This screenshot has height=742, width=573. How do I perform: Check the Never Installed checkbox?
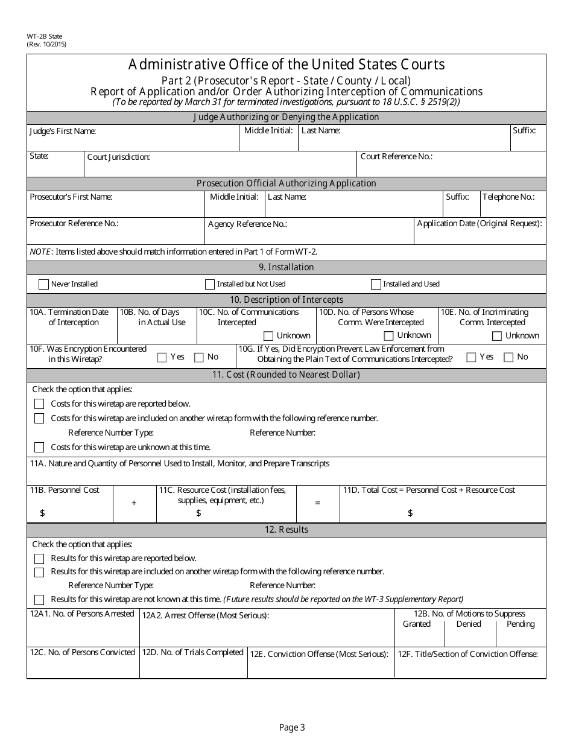(x=43, y=284)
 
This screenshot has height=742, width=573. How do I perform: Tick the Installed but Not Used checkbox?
(x=210, y=284)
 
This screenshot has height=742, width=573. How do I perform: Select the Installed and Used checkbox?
(x=376, y=284)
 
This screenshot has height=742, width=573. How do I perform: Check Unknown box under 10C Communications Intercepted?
(x=268, y=336)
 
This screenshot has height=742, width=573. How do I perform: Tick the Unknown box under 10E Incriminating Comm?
(x=497, y=336)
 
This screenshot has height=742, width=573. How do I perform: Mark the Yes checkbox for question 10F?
(x=162, y=357)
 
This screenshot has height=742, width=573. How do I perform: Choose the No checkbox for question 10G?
(x=508, y=357)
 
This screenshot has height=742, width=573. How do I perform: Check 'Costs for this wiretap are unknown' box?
(x=39, y=447)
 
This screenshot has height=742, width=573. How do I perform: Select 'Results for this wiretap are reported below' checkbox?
(x=39, y=559)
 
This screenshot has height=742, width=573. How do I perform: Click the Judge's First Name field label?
(x=63, y=131)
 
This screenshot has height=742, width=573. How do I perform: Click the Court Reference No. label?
(x=396, y=156)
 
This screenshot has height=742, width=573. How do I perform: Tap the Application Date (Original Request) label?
(x=480, y=223)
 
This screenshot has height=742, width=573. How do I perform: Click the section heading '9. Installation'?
(x=286, y=267)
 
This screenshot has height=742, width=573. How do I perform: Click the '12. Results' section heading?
(x=286, y=530)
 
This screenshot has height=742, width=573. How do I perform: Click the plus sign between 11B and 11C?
(x=134, y=503)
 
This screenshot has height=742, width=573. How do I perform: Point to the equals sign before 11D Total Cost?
(x=318, y=503)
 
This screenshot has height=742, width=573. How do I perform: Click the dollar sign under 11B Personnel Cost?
(x=42, y=513)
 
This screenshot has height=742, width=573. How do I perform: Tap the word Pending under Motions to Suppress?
(x=521, y=624)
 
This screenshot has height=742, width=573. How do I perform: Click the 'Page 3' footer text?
(x=292, y=728)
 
